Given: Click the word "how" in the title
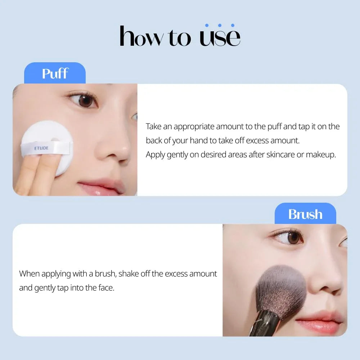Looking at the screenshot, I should pyautogui.click(x=141, y=36).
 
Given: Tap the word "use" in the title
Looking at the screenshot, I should pyautogui.click(x=220, y=37).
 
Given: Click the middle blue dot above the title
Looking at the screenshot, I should pyautogui.click(x=220, y=25).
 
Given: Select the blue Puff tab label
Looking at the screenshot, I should pyautogui.click(x=55, y=73).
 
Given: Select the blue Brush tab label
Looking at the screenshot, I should pyautogui.click(x=305, y=214).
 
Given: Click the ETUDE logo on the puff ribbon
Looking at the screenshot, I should pyautogui.click(x=41, y=148).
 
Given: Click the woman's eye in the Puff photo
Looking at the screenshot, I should pyautogui.click(x=85, y=101).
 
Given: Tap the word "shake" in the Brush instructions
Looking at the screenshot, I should pyautogui.click(x=129, y=274).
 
